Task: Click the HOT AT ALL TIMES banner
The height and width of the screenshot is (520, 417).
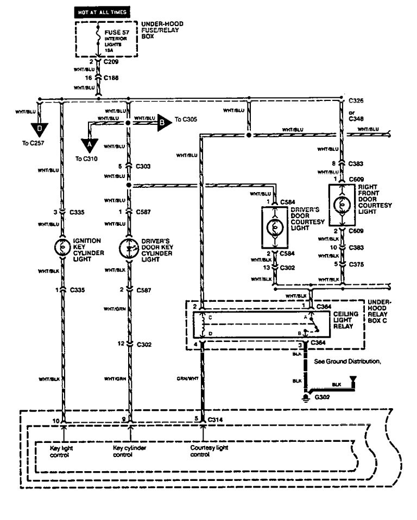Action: tap(104, 11)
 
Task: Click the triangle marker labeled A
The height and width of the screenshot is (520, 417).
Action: tap(87, 145)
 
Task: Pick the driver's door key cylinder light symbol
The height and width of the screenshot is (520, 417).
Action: tap(128, 248)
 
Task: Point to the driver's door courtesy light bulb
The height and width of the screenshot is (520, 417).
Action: tap(276, 221)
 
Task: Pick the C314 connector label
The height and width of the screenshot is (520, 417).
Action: tap(216, 418)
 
